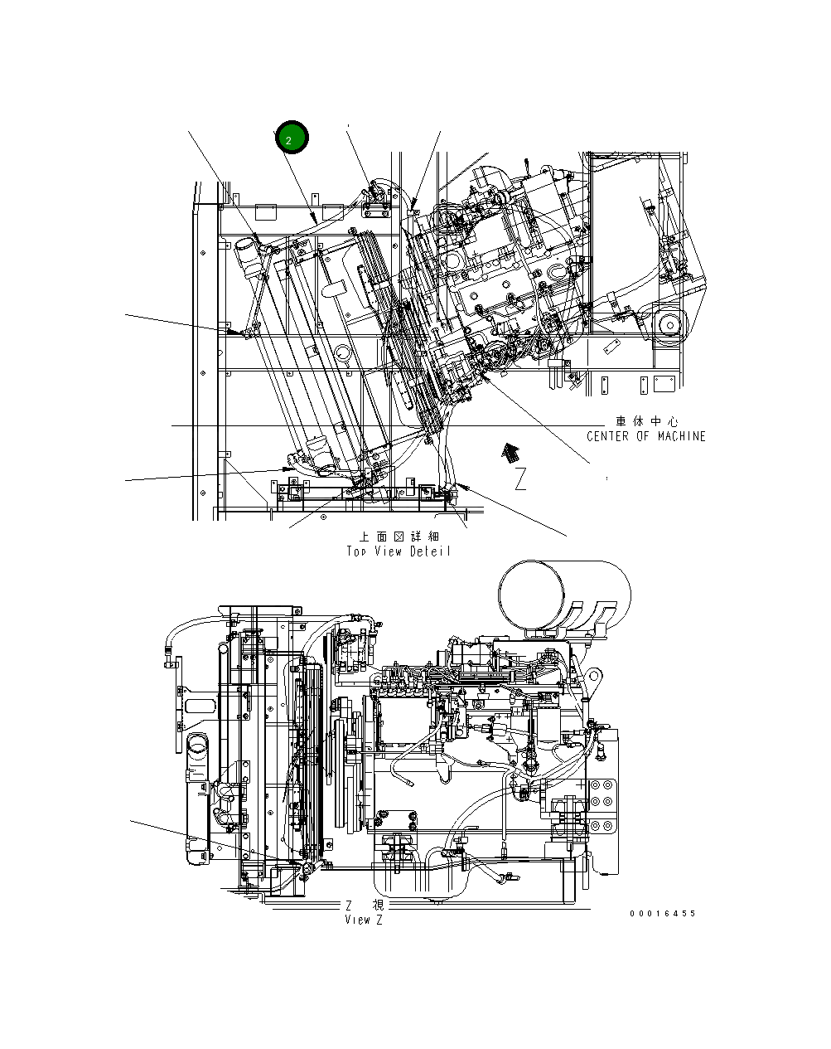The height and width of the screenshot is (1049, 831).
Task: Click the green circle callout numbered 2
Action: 292,138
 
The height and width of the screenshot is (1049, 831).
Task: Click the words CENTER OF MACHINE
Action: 645,436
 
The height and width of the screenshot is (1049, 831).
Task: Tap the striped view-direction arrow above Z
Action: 511,452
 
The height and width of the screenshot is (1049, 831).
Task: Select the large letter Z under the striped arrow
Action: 520,479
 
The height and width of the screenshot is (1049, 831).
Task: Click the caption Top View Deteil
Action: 399,551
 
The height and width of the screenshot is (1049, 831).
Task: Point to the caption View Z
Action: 364,920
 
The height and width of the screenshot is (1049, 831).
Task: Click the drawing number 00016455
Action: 662,914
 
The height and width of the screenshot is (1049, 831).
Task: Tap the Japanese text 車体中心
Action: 646,421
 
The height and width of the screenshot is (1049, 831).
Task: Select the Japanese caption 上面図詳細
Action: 399,537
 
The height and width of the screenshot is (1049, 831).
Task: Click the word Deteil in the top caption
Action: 430,551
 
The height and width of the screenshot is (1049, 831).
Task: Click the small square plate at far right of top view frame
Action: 662,384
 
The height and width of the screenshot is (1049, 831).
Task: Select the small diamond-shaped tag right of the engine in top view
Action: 611,346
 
